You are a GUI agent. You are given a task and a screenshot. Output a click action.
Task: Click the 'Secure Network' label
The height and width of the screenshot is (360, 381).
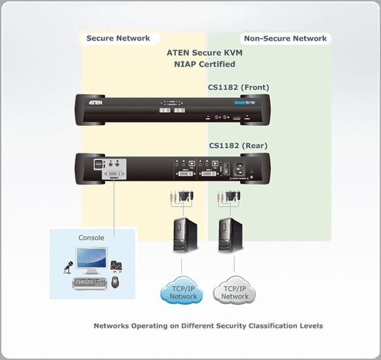118,38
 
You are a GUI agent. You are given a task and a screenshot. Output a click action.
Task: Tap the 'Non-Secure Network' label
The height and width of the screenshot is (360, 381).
284,38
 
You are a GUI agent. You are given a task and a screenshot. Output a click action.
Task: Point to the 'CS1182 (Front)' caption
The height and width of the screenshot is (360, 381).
239,87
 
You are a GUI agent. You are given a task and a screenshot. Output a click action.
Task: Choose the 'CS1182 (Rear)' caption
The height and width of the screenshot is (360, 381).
237,145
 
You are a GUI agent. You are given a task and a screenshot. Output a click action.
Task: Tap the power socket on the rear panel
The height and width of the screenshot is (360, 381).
251,167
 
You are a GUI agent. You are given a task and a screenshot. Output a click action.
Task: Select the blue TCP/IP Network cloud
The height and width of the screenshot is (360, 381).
184,292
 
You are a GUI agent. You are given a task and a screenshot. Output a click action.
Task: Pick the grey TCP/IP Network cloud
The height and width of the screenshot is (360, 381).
235,292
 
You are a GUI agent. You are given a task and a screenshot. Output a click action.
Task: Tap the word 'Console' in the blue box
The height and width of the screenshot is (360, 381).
91,237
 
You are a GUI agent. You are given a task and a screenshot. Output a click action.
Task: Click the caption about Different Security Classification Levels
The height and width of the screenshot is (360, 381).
208,326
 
